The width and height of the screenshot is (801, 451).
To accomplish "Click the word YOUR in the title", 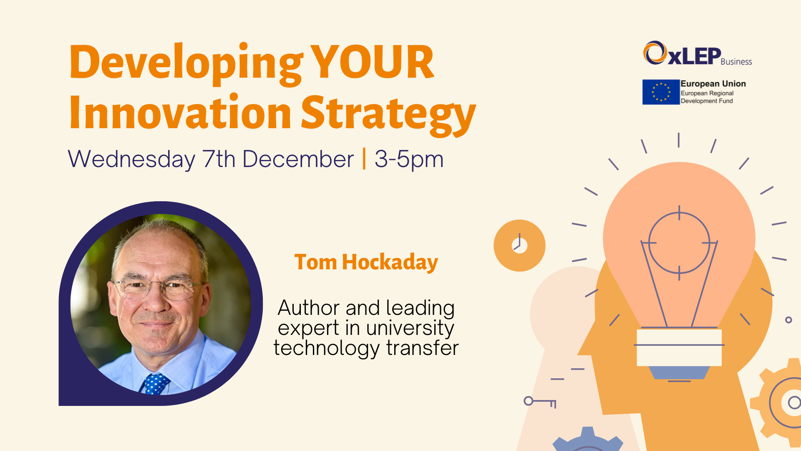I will click(x=372, y=63).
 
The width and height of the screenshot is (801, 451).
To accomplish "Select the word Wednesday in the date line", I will click(x=131, y=159).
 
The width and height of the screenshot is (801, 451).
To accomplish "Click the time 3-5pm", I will click(x=409, y=159).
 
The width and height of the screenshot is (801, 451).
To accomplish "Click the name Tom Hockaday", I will click(x=366, y=262).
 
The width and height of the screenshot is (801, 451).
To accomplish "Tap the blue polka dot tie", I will click(x=156, y=383).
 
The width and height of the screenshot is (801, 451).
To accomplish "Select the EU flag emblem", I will click(x=661, y=92).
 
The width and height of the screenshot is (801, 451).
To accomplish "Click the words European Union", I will click(x=713, y=84).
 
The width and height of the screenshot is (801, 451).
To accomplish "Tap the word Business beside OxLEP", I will click(x=736, y=62).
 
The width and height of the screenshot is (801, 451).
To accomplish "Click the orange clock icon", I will click(x=519, y=246).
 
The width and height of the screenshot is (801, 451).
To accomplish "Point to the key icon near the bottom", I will click(x=540, y=402).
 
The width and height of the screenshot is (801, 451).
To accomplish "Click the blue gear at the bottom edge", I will click(x=587, y=441).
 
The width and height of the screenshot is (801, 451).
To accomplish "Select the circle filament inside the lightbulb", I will click(x=679, y=243).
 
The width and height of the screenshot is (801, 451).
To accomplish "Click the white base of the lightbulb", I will click(x=679, y=347).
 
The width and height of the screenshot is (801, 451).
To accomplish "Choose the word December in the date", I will click(x=298, y=159).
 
